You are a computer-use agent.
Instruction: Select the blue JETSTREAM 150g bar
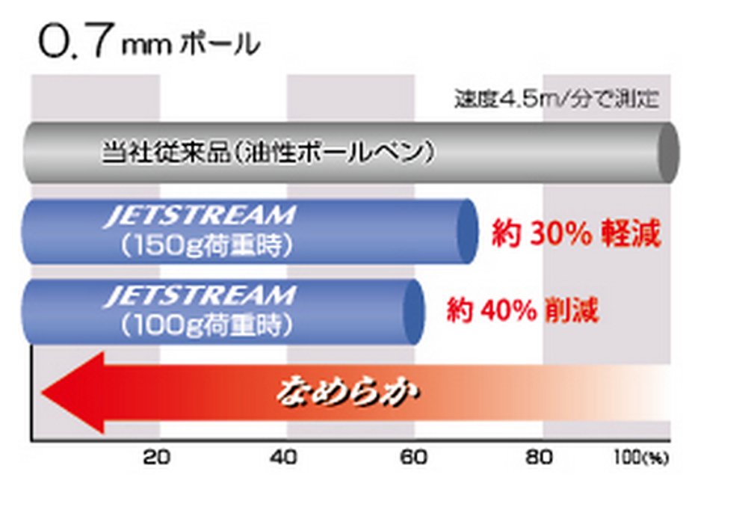(x=247, y=231)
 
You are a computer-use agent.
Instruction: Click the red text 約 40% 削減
(x=523, y=310)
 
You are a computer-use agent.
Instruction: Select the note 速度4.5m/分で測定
(x=557, y=99)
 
